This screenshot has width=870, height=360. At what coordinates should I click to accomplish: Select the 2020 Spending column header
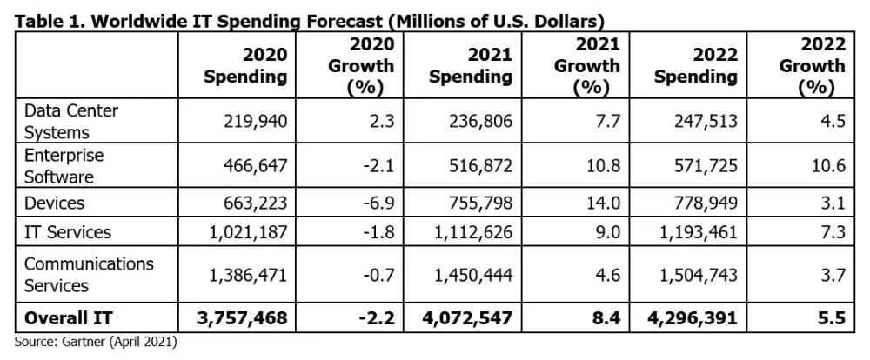(x=244, y=66)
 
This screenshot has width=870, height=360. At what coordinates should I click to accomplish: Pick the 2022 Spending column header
(x=695, y=66)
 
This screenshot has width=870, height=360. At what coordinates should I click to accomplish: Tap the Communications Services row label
(x=89, y=274)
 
